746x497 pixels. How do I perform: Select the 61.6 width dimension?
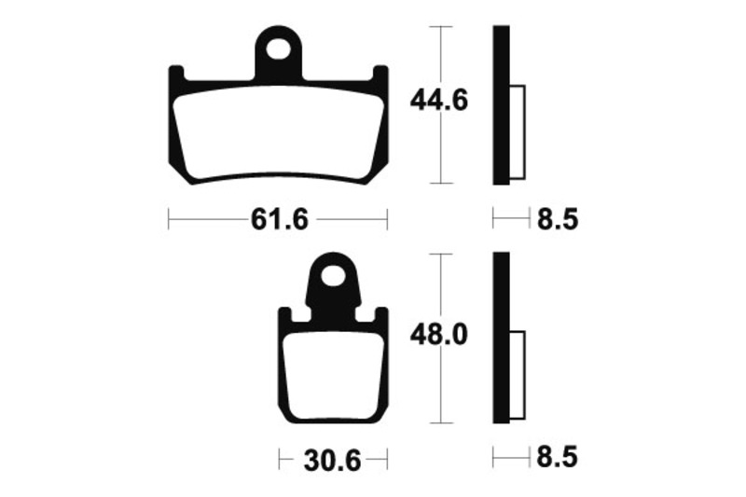point(279,220)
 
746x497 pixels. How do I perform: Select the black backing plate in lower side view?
point(501,336)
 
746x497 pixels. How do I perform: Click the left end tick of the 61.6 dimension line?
point(168,220)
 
